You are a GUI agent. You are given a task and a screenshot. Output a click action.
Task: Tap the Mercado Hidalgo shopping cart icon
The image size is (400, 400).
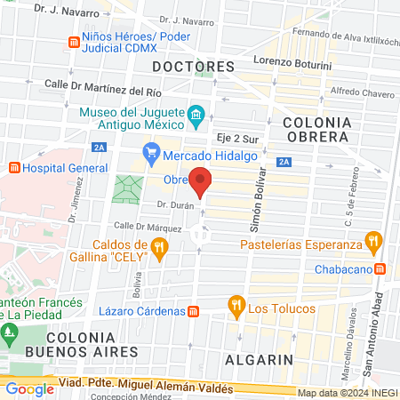(151, 154)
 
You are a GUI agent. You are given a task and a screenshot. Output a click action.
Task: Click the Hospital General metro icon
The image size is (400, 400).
(13, 167)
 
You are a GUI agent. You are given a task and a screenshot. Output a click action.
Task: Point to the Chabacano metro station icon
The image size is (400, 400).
(380, 268)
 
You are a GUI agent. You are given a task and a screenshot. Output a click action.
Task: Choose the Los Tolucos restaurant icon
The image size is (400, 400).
(236, 308)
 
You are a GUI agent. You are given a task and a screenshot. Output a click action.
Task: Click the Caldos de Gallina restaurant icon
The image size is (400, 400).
(159, 251)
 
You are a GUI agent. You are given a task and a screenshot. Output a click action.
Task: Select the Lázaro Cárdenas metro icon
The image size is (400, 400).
(193, 310)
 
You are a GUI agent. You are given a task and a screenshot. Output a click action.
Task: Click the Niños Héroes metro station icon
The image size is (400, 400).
(74, 43)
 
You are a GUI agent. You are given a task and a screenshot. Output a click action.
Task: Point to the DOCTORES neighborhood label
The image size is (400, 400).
(193, 67)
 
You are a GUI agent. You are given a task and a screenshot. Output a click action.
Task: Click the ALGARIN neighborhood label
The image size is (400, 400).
(260, 359)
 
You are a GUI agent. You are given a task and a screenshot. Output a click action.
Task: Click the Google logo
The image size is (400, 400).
(29, 388)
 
